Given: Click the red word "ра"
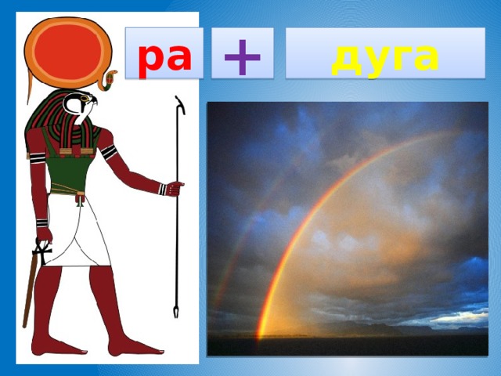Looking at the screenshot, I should [165, 56].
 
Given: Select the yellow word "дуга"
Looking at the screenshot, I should [384, 56].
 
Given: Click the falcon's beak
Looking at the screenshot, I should [87, 107].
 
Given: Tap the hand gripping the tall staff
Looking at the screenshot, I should [176, 188].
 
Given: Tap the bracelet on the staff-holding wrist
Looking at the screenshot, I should [161, 188].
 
